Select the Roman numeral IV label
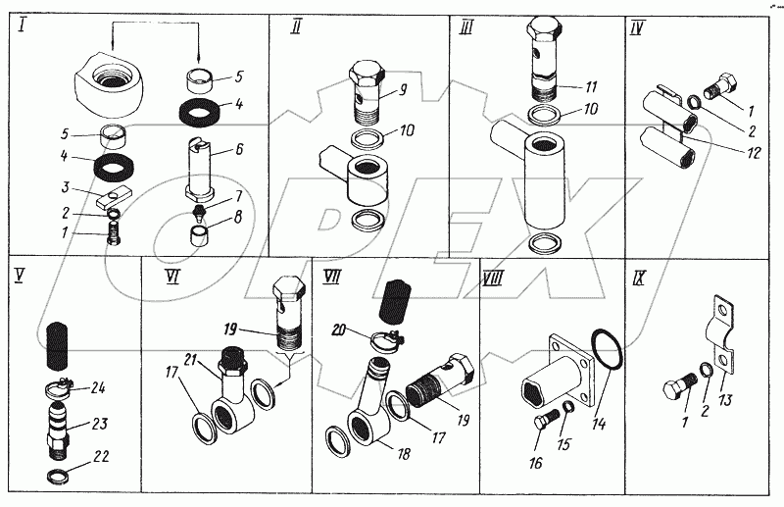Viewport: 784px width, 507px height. coord(637,29)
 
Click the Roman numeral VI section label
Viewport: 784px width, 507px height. coord(173,278)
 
